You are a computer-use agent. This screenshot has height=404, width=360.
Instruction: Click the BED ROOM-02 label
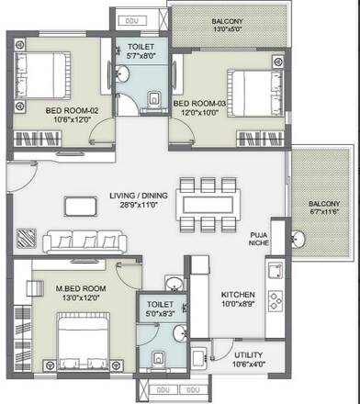pyautogui.click(x=65, y=110)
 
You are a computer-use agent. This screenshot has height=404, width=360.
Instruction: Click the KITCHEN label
pyautogui.click(x=237, y=296)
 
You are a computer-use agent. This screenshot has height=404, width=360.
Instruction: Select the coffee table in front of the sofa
pyautogui.click(x=82, y=204)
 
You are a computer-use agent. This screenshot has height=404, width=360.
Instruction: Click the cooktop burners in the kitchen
pyautogui.click(x=274, y=299)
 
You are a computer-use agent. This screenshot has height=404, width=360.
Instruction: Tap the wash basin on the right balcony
pyautogui.click(x=298, y=241)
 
